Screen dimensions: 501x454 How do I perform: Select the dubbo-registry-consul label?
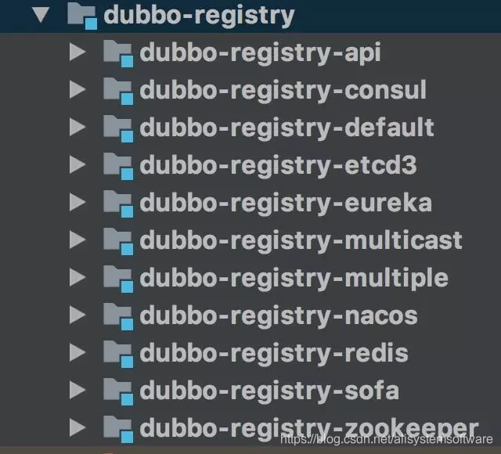click(283, 90)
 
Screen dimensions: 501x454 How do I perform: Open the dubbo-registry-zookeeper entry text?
click(308, 427)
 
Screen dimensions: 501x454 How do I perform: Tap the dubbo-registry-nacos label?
click(278, 315)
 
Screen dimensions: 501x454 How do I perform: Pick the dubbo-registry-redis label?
click(273, 353)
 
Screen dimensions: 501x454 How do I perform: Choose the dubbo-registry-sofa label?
click(269, 390)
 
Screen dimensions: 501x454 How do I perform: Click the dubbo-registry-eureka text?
click(286, 203)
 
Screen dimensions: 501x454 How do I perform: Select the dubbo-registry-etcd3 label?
click(278, 165)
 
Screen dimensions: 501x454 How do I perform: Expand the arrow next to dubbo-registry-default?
click(77, 127)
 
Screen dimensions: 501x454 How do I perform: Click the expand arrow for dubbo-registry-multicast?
click(77, 240)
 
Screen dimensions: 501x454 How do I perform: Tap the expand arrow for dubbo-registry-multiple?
click(77, 277)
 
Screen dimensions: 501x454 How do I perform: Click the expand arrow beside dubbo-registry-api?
click(77, 52)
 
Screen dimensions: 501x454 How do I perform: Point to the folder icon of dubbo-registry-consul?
click(117, 91)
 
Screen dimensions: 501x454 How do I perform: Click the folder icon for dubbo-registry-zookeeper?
click(117, 428)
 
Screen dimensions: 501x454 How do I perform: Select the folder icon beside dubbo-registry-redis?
click(117, 353)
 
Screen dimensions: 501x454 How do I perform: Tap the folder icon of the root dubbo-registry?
click(81, 16)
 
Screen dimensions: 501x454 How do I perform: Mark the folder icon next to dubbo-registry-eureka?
click(117, 203)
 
